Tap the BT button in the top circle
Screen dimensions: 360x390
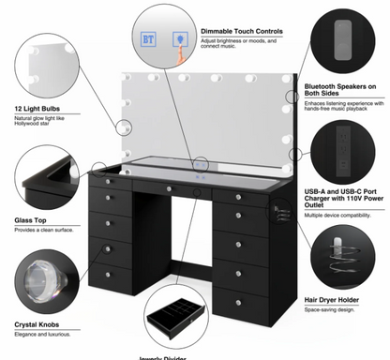coord(147,40)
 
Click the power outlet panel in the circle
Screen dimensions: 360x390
coord(339,149)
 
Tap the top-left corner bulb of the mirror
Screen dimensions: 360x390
coord(127,78)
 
